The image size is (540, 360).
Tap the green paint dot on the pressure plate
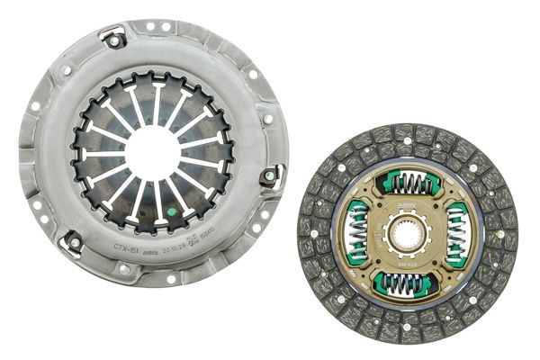170,213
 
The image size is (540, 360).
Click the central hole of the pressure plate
152,152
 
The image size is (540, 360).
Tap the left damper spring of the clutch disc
357,233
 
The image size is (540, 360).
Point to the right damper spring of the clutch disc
458,233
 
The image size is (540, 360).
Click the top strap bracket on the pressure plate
114,39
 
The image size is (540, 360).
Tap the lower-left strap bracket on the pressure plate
72,241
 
